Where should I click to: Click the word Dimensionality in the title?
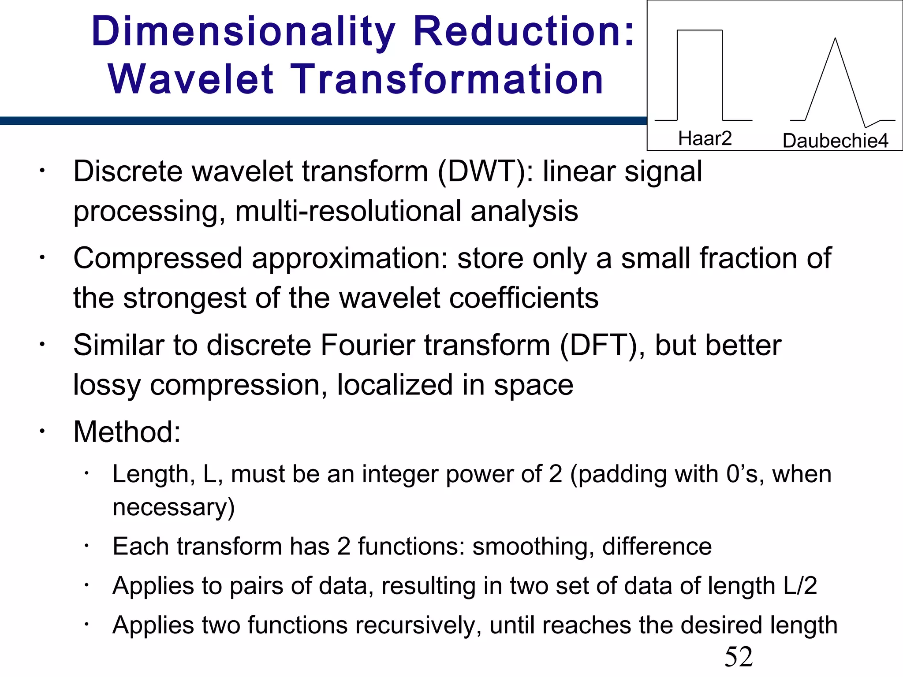pyautogui.click(x=243, y=32)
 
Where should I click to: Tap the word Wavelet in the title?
pyautogui.click(x=191, y=79)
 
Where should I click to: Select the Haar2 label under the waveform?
pyautogui.click(x=705, y=138)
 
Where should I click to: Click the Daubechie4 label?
pyautogui.click(x=835, y=141)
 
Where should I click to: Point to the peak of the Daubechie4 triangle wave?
pyautogui.click(x=835, y=40)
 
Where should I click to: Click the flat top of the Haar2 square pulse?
pyautogui.click(x=699, y=30)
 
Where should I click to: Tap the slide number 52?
pyautogui.click(x=739, y=657)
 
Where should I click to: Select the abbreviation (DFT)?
pyautogui.click(x=602, y=345)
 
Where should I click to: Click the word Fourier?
pyautogui.click(x=368, y=345)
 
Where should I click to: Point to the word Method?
pyautogui.click(x=127, y=432)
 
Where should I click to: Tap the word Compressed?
pyautogui.click(x=158, y=258)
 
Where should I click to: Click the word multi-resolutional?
pyautogui.click(x=348, y=211)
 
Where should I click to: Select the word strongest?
pyautogui.click(x=184, y=298)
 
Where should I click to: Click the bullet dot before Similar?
pyautogui.click(x=41, y=344)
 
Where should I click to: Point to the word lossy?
pyautogui.click(x=107, y=385)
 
